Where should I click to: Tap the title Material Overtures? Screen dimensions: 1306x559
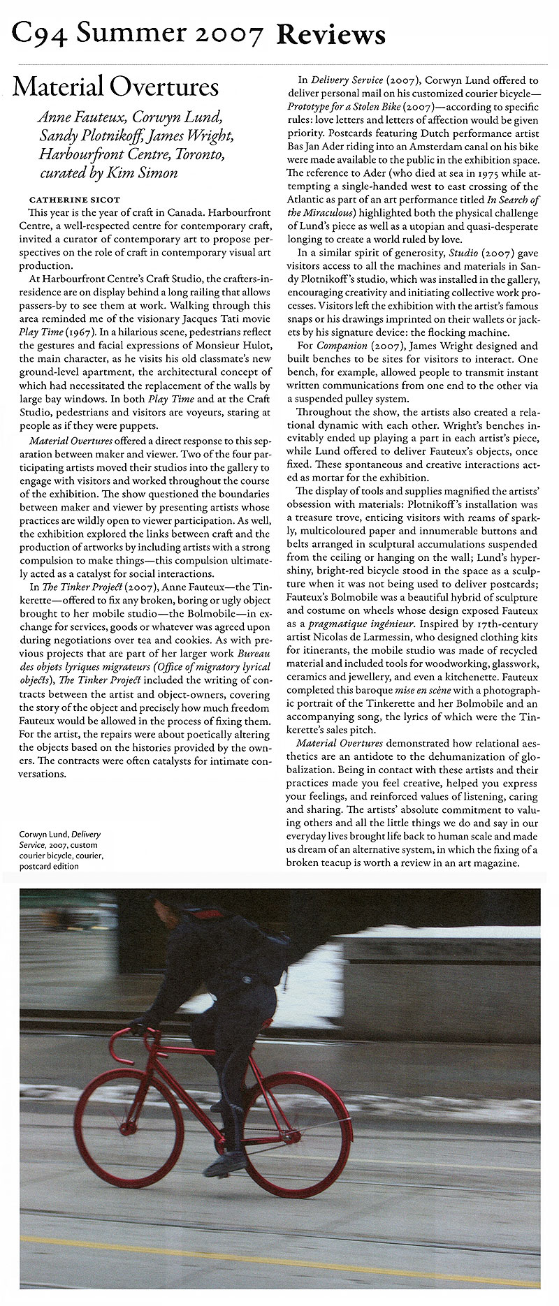tap(116, 87)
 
